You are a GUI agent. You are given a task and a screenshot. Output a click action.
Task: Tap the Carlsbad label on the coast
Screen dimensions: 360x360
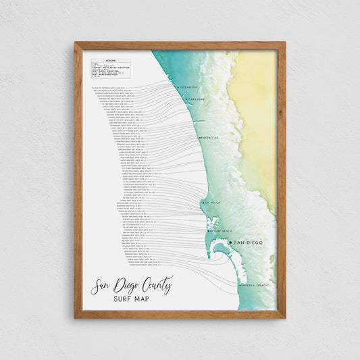pyautogui.click(x=197, y=99)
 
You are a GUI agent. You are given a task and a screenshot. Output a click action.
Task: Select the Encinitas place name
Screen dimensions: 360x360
pyautogui.click(x=209, y=138)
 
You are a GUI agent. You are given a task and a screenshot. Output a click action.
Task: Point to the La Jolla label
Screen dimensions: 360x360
pyautogui.click(x=212, y=202)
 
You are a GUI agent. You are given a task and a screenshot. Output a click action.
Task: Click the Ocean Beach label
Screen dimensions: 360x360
pyautogui.click(x=221, y=231)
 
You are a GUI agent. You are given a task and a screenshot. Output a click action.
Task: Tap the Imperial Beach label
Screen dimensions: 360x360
pyautogui.click(x=255, y=286)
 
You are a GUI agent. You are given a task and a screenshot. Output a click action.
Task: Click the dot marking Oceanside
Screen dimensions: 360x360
pyautogui.click(x=178, y=87)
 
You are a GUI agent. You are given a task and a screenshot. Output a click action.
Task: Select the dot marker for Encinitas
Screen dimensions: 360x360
pyautogui.click(x=199, y=138)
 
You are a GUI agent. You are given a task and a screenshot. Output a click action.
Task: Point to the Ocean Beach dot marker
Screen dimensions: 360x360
pyautogui.click(x=209, y=231)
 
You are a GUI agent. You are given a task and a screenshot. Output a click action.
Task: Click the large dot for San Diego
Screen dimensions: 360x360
pyautogui.click(x=230, y=242)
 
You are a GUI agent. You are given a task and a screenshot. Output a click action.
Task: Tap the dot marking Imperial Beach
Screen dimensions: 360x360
pyautogui.click(x=240, y=286)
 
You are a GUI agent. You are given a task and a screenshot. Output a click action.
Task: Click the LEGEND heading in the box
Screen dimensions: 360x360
pyautogui.click(x=109, y=59)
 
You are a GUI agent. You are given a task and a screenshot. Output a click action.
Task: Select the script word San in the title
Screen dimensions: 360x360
pyautogui.click(x=102, y=287)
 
